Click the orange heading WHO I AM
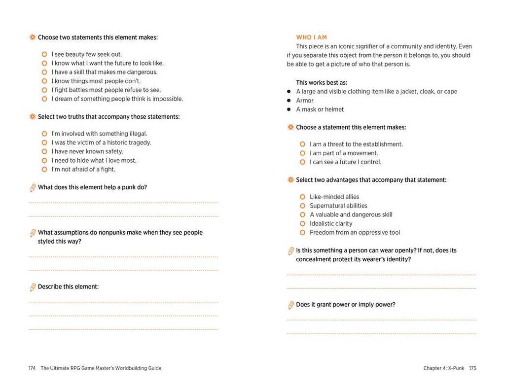point(311,37)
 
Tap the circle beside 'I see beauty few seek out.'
point(44,54)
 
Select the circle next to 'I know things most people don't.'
point(44,81)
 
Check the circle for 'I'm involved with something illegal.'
point(44,134)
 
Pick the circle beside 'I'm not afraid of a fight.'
point(44,169)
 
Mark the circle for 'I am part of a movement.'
point(302,153)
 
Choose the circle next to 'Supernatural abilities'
point(302,206)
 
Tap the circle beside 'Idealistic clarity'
point(302,223)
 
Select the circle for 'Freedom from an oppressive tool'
point(302,232)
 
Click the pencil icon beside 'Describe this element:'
point(33,287)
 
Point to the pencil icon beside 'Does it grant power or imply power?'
point(291,305)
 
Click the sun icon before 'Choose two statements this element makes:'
point(33,37)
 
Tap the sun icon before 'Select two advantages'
point(290,180)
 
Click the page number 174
point(32,368)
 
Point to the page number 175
point(472,368)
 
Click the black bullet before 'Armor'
point(289,101)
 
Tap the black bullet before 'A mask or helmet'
point(289,109)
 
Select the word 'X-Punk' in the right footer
point(456,368)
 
